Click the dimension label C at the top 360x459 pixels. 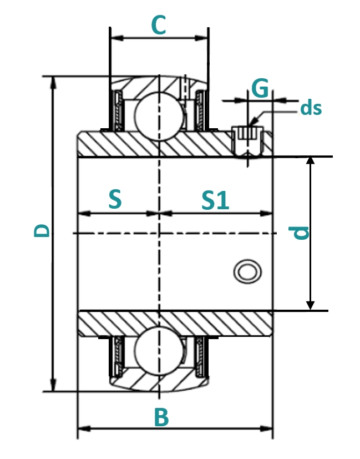coord(159,25)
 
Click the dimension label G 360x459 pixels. coord(260,88)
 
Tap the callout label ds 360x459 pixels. coord(311,108)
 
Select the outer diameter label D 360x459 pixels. coord(42,230)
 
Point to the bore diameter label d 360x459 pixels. coord(298,233)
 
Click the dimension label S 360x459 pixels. coord(115,199)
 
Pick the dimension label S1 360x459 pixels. coord(215,200)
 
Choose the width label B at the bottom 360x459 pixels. coord(161,417)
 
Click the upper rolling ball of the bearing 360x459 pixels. coord(159,116)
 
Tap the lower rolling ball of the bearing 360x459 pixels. coord(159,350)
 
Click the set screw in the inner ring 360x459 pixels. coord(248,142)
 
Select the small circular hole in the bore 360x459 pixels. coord(247,271)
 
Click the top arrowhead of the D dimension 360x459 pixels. coord(53,82)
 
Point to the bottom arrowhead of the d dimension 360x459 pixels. coord(310,305)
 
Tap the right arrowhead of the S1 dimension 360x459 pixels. coord(266,213)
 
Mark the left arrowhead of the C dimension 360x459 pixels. coord(117,38)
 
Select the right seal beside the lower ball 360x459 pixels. coord(200,356)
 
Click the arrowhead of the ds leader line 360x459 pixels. coord(252,122)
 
